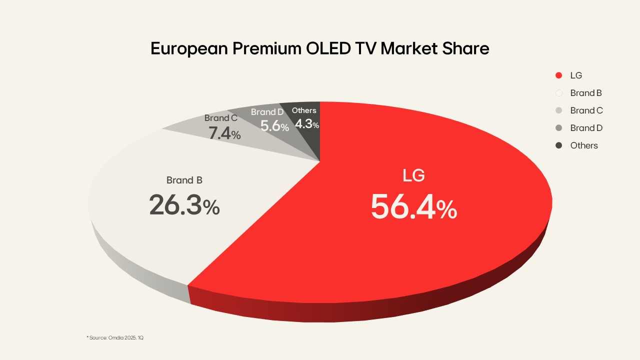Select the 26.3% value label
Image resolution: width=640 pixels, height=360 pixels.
[184, 205]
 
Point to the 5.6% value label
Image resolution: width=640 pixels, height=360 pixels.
[274, 126]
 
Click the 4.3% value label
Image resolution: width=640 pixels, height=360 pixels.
[306, 124]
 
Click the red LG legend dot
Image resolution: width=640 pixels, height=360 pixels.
[559, 75]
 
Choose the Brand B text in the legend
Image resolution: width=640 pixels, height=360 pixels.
[585, 93]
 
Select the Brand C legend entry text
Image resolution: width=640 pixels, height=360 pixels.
[586, 110]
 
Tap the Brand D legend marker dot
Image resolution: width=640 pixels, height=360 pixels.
[559, 128]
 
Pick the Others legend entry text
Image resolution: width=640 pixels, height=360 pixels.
[584, 145]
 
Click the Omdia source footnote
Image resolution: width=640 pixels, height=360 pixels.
[115, 338]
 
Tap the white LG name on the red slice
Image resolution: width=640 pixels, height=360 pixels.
[413, 176]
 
